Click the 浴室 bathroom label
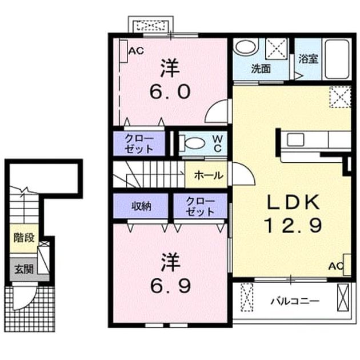(308, 59)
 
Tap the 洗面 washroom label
(261, 69)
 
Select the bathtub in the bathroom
(337, 59)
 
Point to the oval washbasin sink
(246, 47)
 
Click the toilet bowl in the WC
(193, 143)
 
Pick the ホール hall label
(209, 175)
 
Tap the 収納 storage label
(141, 206)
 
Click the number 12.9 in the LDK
(293, 226)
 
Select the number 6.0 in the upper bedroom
(170, 91)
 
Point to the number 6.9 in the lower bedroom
(170, 286)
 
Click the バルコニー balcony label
(295, 301)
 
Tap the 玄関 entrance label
(24, 269)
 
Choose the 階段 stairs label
(24, 238)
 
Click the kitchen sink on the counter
(296, 139)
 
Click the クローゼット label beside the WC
(139, 144)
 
